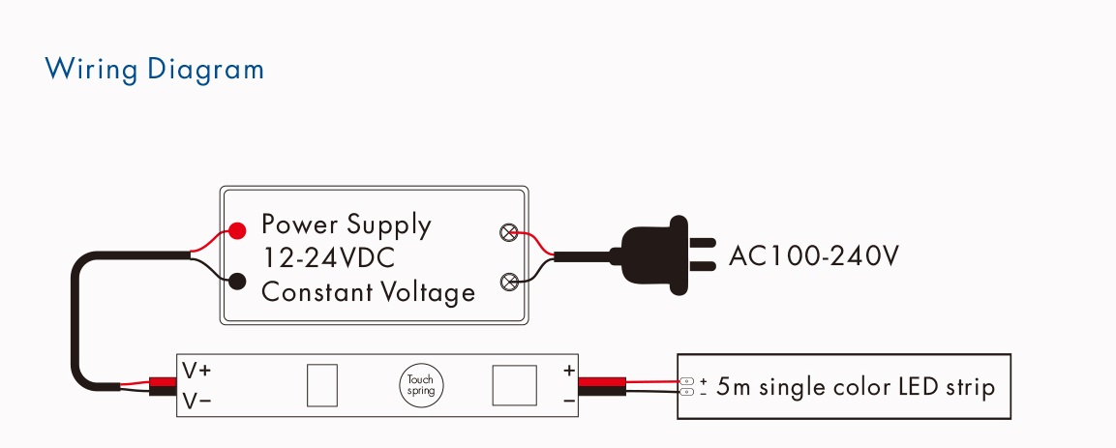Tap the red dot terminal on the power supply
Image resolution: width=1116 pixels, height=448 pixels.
pos(237,230)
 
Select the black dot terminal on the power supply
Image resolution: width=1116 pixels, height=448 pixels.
pos(237,281)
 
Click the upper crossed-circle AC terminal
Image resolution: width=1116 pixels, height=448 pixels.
pos(509,232)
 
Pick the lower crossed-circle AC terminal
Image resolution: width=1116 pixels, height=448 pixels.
pos(509,282)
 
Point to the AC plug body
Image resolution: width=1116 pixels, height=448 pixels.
pos(655,255)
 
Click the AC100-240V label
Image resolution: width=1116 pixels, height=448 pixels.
pos(813,256)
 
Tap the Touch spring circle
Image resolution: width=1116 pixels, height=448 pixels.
pos(420,385)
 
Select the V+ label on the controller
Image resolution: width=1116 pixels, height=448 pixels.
pos(196,371)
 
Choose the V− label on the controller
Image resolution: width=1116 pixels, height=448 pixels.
pos(196,402)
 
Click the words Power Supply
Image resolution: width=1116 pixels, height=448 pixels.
pos(346,224)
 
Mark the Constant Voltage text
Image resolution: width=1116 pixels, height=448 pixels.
pos(368,291)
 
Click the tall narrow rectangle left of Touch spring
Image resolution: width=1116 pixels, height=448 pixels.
pos(321,385)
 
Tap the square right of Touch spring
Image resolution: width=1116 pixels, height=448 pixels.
pos(515,385)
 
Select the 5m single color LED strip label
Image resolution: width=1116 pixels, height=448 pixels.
pos(855,387)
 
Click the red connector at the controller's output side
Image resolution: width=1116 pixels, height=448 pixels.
pos(602,382)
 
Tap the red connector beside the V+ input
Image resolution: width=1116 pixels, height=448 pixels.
pos(163,382)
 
